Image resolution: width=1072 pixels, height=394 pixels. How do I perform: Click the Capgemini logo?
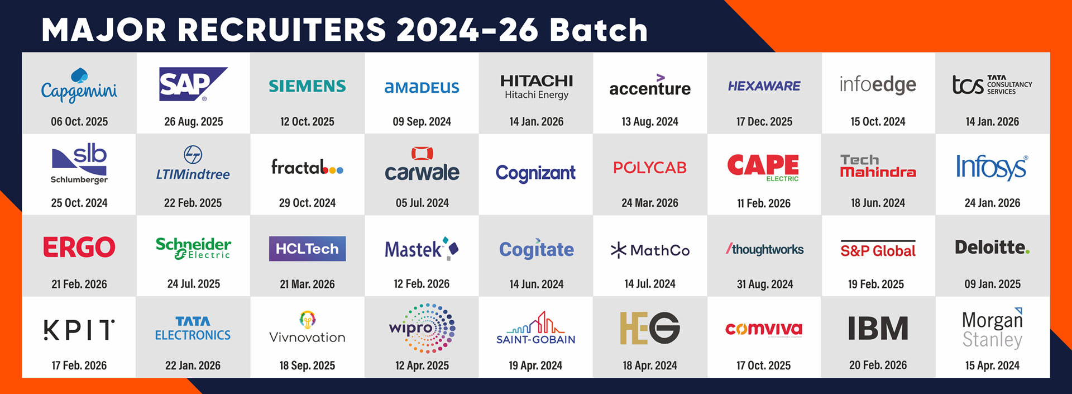click(79, 86)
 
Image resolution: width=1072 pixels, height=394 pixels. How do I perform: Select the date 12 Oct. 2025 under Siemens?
click(307, 121)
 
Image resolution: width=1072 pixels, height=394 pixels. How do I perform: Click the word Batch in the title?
click(598, 30)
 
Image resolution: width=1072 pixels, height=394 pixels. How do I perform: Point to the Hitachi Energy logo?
click(537, 87)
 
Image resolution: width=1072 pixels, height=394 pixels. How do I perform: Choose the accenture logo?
click(650, 87)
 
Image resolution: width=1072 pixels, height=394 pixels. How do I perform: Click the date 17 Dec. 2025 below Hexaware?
click(764, 121)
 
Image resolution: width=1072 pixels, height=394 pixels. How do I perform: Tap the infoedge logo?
click(878, 85)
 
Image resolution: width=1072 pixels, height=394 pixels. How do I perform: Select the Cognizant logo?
click(535, 173)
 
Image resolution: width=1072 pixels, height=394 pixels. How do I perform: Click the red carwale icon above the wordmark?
click(422, 153)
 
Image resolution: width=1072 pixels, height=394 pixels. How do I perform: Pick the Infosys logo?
click(992, 167)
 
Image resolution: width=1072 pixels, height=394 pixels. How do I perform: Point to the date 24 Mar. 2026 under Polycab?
click(650, 203)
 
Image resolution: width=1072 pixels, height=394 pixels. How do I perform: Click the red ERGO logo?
click(79, 247)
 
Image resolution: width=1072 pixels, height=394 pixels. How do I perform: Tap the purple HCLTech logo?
click(307, 249)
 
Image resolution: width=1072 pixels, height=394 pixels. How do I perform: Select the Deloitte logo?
click(992, 247)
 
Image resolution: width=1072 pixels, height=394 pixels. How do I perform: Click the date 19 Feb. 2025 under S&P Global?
click(875, 284)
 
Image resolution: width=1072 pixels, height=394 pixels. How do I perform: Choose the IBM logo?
click(878, 329)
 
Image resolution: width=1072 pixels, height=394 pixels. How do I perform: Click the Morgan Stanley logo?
click(992, 330)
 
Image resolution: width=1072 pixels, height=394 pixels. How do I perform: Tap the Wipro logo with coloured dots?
click(423, 328)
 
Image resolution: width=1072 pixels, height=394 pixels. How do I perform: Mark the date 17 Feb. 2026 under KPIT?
click(79, 365)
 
